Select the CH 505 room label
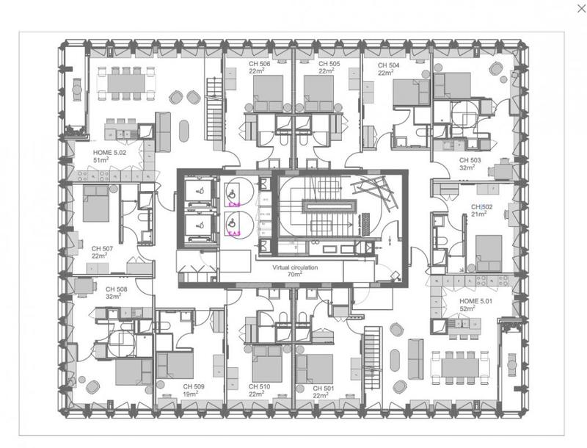coord(329,65)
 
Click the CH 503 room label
coord(470,159)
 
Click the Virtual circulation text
coord(295,268)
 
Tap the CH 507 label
coord(102,249)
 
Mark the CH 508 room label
coord(116,289)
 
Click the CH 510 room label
coord(260,387)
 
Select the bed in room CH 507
coord(95,203)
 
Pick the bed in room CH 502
coord(489,253)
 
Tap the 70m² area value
coord(295,275)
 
